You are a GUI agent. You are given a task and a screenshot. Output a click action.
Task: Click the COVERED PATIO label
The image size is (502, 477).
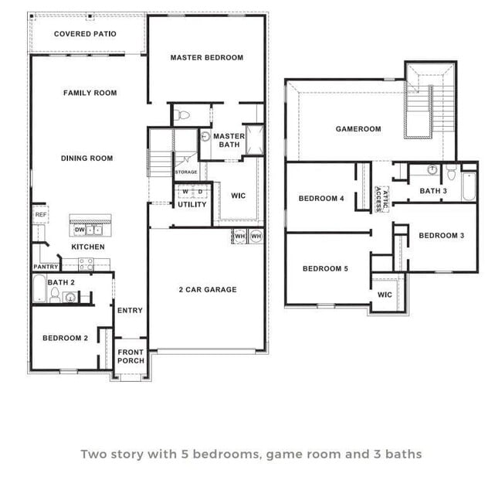point(85,34)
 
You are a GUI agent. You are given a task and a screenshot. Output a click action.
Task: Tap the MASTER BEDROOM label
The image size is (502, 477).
point(206,57)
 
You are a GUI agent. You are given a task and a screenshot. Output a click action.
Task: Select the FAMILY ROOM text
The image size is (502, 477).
point(90,93)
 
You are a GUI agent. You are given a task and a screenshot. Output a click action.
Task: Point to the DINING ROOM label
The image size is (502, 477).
point(86,158)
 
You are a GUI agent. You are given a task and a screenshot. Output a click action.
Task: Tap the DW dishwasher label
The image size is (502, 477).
point(80,230)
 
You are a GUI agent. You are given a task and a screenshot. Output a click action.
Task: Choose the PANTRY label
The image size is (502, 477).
point(46,267)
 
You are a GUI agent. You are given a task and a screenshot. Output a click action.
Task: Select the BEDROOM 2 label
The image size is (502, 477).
point(65,338)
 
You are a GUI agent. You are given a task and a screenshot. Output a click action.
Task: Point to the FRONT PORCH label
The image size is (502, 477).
point(131,356)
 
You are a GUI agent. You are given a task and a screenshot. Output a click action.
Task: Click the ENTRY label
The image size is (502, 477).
point(130,311)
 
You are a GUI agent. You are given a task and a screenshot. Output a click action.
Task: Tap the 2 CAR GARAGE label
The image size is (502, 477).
point(208,290)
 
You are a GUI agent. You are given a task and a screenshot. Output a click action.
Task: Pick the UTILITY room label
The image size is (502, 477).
point(192,205)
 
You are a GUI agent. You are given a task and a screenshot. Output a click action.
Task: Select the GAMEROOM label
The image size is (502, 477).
point(358,129)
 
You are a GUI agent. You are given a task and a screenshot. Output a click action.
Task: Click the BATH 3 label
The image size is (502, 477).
point(432,191)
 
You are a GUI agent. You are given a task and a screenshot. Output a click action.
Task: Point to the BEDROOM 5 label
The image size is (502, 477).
point(325,268)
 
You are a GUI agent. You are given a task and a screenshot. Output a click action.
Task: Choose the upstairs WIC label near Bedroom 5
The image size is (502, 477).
point(385,295)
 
